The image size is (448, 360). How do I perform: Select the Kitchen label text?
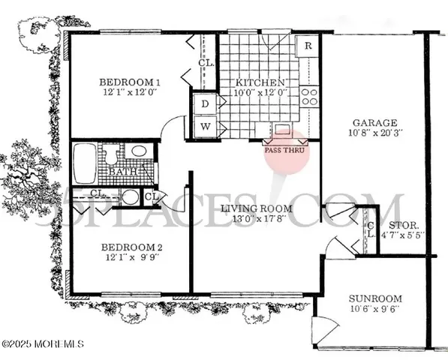point(260,82)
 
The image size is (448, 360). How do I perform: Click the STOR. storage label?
point(403,223)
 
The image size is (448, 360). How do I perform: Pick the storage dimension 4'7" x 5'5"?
point(403,234)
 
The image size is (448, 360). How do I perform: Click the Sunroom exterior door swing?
point(325,326)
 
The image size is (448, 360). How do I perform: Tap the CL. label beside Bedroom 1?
point(206,63)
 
